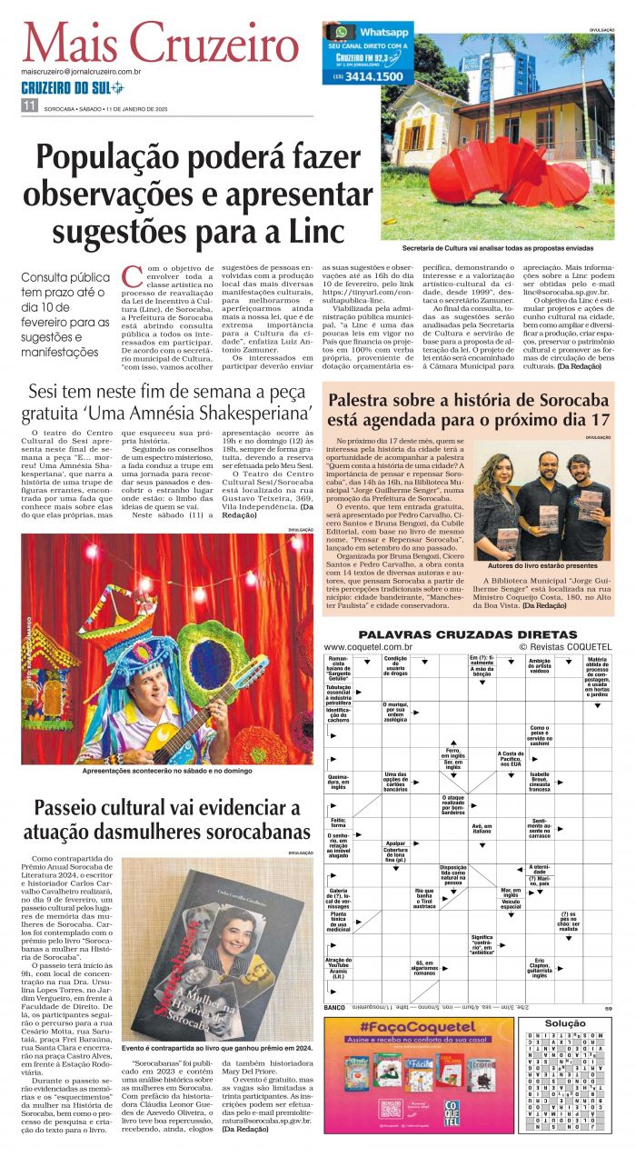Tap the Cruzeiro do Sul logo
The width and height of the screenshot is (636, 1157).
(x=72, y=87)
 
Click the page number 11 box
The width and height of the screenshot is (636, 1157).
(x=28, y=106)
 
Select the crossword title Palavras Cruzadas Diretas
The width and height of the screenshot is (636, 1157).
(x=468, y=633)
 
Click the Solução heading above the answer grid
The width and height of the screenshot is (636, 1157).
(x=565, y=1023)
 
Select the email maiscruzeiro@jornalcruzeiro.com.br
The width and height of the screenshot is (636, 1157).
(x=82, y=70)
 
